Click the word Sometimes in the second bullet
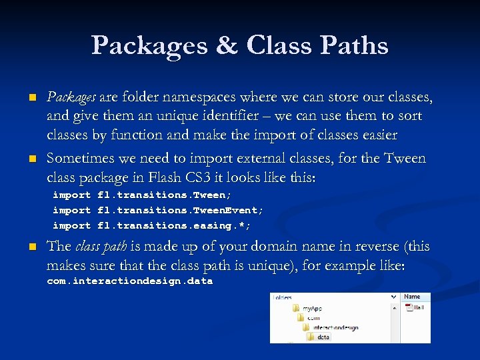[x=79, y=159]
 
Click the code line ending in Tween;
[x=142, y=195]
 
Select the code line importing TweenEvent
[x=158, y=210]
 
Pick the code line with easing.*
[x=151, y=225]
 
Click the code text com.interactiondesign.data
[x=129, y=281]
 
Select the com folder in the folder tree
[x=313, y=319]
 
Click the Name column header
[x=412, y=297]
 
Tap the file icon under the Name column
[x=408, y=307]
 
